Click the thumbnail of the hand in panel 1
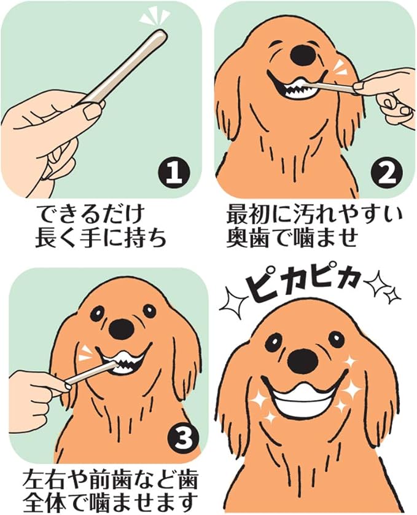click(91, 111)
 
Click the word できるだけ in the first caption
click(90, 215)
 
